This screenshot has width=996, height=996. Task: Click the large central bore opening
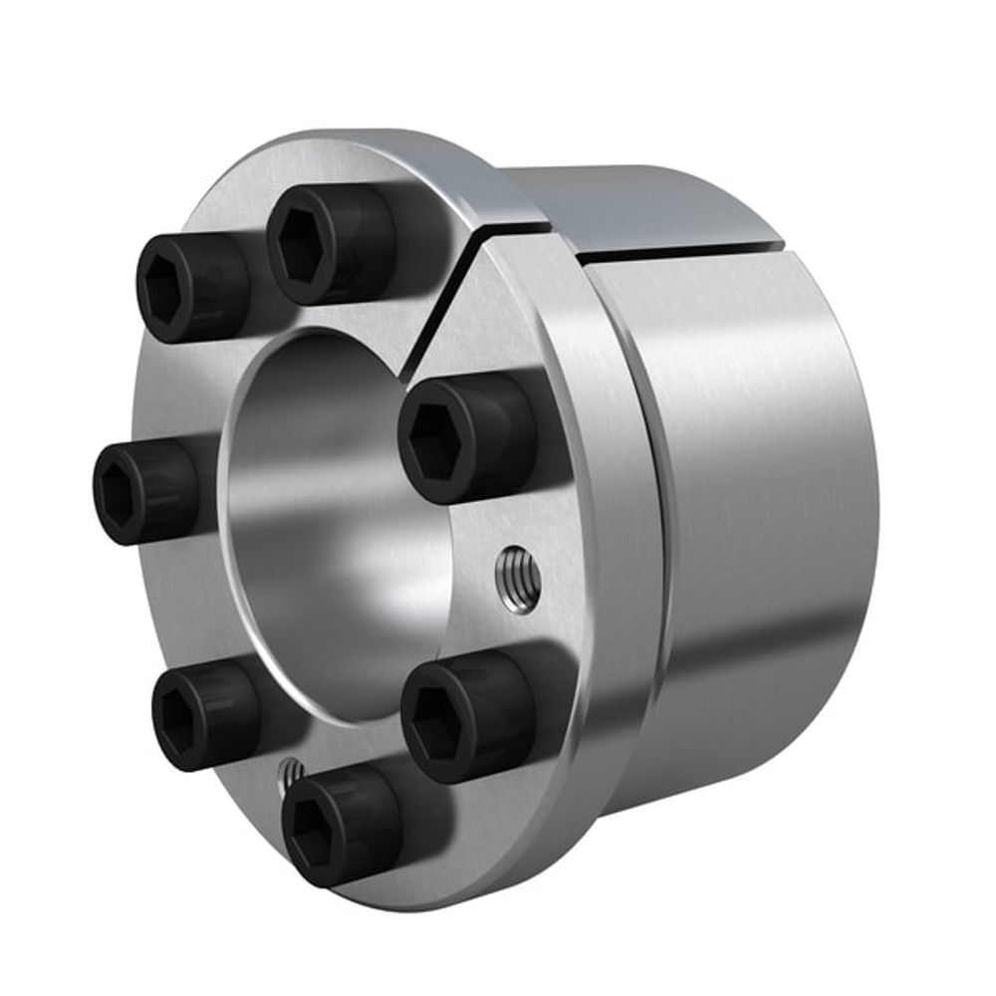(339, 518)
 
